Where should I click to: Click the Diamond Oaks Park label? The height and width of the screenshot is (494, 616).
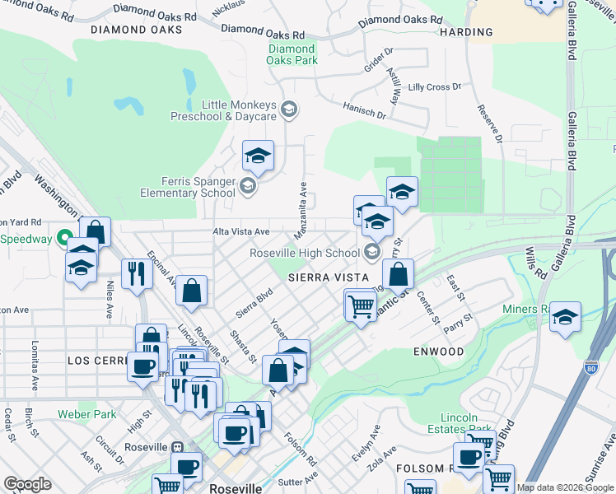tap(292, 54)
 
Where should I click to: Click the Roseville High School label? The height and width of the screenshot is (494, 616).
tap(306, 253)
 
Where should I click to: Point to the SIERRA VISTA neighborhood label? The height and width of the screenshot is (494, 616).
tap(326, 278)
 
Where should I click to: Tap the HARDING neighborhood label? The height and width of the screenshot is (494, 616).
tap(466, 33)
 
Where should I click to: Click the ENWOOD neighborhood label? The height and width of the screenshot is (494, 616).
tap(439, 352)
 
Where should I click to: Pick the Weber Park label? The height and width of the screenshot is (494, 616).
tap(86, 414)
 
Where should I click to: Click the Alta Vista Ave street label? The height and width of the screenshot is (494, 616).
tap(241, 232)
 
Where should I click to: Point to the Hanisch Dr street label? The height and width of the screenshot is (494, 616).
tap(364, 110)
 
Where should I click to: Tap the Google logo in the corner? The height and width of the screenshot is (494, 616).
tap(27, 484)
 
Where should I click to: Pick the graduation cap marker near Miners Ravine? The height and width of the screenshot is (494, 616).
tap(565, 316)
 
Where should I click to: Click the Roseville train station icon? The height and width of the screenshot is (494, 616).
tap(175, 446)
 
